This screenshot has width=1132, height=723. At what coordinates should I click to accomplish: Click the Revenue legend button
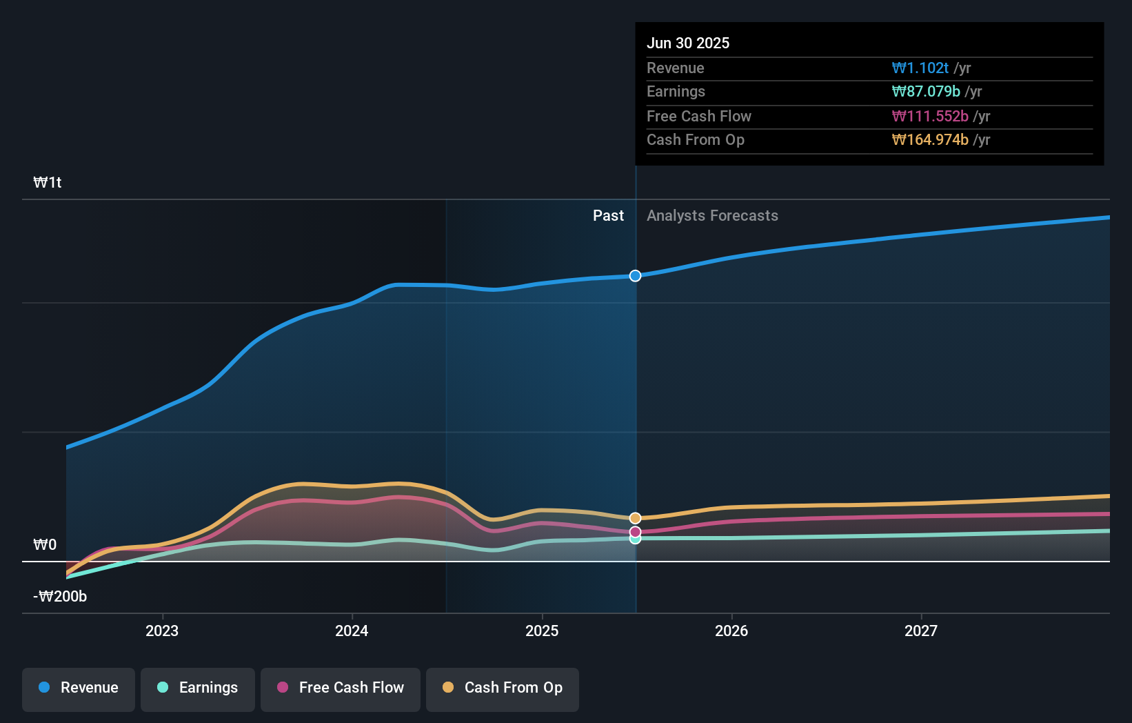pyautogui.click(x=79, y=688)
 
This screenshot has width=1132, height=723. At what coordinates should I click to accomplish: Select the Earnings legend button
pyautogui.click(x=198, y=688)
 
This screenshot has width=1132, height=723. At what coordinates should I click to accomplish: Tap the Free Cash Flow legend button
pyautogui.click(x=341, y=688)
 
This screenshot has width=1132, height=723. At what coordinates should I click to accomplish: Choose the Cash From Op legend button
pyautogui.click(x=503, y=688)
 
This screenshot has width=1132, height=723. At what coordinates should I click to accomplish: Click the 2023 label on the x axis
pyautogui.click(x=162, y=631)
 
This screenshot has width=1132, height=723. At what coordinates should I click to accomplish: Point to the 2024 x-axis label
pyautogui.click(x=352, y=631)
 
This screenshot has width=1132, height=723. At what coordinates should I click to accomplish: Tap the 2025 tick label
pyautogui.click(x=542, y=631)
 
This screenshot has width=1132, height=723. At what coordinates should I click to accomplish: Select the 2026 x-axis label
pyautogui.click(x=731, y=631)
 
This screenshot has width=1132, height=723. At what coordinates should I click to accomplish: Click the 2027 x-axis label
pyautogui.click(x=921, y=631)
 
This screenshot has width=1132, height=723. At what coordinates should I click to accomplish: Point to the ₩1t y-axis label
pyautogui.click(x=48, y=183)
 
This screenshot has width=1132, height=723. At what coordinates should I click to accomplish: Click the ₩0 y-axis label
pyautogui.click(x=45, y=545)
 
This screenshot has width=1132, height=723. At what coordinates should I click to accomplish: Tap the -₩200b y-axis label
pyautogui.click(x=61, y=597)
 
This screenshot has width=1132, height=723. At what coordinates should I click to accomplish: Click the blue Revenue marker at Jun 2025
pyautogui.click(x=635, y=276)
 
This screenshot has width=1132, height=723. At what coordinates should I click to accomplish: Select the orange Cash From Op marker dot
pyautogui.click(x=635, y=518)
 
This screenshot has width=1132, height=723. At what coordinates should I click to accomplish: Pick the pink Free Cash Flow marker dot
pyautogui.click(x=635, y=532)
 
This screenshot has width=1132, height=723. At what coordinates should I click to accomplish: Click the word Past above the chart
pyautogui.click(x=608, y=216)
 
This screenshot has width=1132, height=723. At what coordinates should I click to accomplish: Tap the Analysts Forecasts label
pyautogui.click(x=712, y=216)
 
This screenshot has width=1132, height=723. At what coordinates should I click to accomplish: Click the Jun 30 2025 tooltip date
pyautogui.click(x=688, y=43)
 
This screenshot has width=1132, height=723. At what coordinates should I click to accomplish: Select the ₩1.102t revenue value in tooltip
pyautogui.click(x=920, y=68)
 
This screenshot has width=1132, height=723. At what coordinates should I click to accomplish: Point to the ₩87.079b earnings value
pyautogui.click(x=926, y=92)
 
